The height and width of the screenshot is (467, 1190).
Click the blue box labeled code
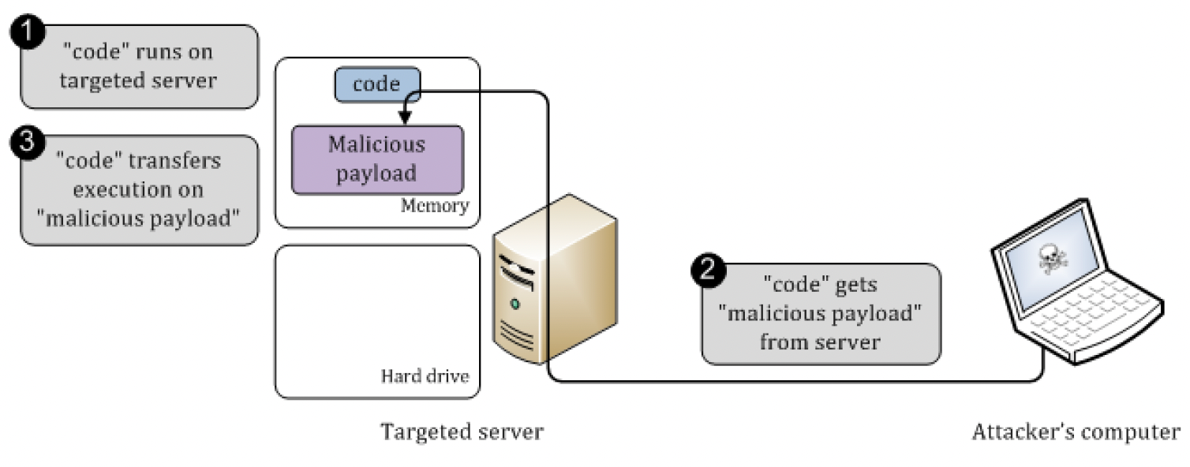tap(377, 84)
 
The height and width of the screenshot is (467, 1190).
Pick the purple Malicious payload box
tap(376, 159)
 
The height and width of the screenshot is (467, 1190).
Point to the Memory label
tap(434, 207)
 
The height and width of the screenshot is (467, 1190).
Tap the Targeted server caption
tap(462, 432)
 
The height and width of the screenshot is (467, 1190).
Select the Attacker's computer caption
tap(1076, 432)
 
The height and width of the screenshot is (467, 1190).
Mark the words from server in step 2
tap(821, 342)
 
